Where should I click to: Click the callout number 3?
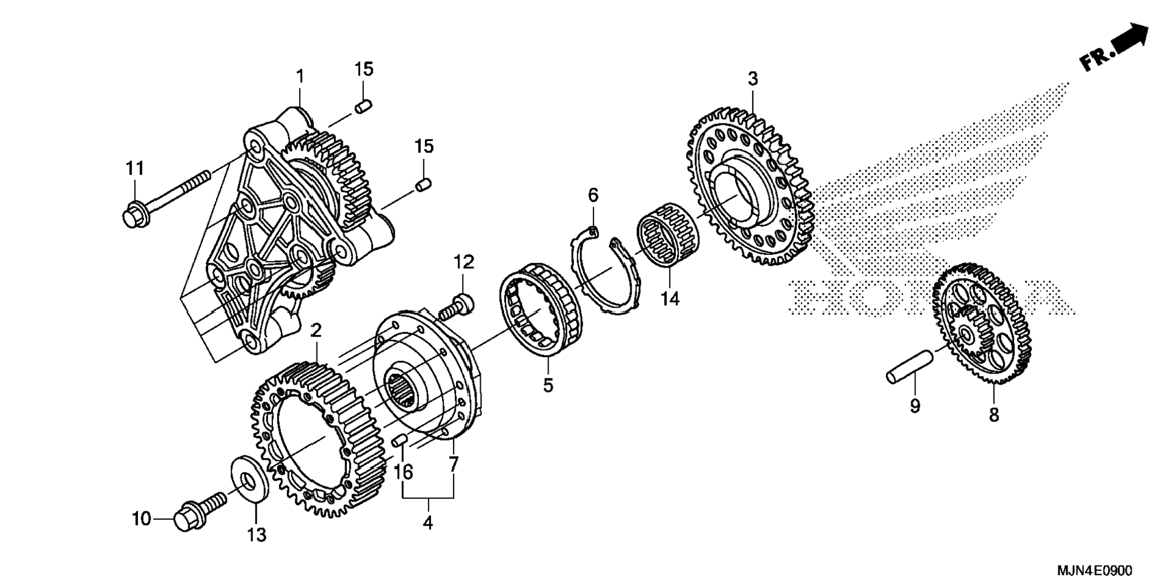pos(753,79)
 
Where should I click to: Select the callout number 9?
pos(915,406)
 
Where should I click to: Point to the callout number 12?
pos(464,263)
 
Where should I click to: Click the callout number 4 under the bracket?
pos(428,523)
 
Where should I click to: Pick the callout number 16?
pos(404,472)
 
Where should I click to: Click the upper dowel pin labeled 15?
pos(362,107)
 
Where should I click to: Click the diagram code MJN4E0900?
pos(1093,570)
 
